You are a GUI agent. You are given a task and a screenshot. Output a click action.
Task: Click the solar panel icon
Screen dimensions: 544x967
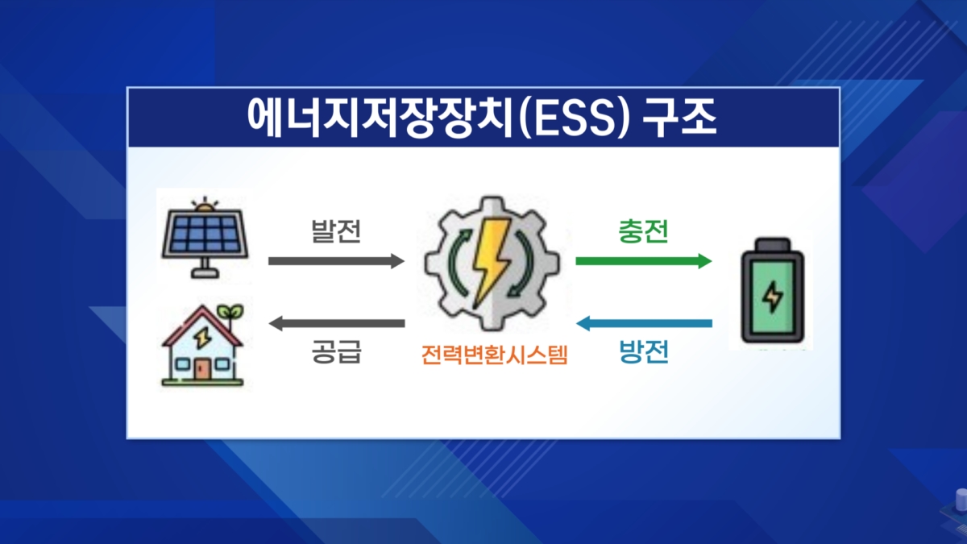click(203, 236)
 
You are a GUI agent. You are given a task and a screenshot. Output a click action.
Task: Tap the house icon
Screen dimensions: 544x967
click(202, 347)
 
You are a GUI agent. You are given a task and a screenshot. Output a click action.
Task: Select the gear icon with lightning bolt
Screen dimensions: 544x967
click(489, 262)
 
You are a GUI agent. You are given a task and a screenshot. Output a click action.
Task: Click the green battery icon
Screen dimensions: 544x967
click(772, 293)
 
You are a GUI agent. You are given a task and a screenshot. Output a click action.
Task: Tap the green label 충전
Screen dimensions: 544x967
click(643, 232)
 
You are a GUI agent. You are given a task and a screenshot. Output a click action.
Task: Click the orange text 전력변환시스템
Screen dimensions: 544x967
click(494, 355)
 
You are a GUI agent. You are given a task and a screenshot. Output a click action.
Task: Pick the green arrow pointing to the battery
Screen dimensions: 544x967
click(643, 261)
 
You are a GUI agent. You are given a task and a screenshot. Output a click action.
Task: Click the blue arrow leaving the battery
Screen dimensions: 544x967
click(643, 324)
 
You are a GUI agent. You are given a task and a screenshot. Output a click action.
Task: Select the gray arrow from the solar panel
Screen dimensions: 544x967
click(335, 261)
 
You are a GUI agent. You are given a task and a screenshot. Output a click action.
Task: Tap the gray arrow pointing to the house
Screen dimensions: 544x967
click(335, 324)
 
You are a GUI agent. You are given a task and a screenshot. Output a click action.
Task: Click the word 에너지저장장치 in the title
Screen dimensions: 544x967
click(367, 118)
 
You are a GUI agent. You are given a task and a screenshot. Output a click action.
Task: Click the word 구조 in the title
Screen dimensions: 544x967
click(681, 118)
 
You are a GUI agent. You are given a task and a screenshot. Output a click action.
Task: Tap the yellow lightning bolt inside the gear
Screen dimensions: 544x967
click(489, 257)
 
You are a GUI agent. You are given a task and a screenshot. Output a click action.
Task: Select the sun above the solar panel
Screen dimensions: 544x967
click(203, 206)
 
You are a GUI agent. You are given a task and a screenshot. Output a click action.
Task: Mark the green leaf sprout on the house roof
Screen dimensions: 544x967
click(232, 310)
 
